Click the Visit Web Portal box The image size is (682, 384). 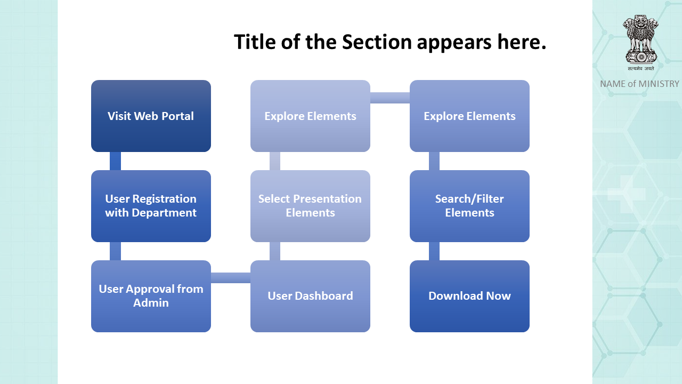click(151, 116)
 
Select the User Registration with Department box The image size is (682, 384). click(151, 206)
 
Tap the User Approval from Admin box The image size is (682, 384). click(151, 296)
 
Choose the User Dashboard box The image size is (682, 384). click(310, 296)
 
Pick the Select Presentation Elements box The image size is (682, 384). click(310, 206)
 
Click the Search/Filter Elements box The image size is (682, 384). click(469, 206)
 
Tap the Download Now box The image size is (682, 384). click(469, 296)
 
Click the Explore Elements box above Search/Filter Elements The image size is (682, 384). click(469, 116)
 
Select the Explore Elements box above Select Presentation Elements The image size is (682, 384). click(310, 116)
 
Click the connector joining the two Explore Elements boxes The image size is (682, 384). click(389, 98)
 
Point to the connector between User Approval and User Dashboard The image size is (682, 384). click(231, 278)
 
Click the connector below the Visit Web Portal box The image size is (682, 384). click(115, 161)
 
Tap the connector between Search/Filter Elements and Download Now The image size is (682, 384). click(434, 251)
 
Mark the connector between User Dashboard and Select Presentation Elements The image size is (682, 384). click(274, 251)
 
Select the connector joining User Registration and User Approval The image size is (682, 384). click(115, 251)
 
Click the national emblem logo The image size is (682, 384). click(640, 39)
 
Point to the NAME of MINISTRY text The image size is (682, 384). click(639, 84)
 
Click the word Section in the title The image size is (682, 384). click(377, 42)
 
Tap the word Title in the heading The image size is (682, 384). click(255, 42)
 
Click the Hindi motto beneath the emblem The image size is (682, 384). click(640, 69)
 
